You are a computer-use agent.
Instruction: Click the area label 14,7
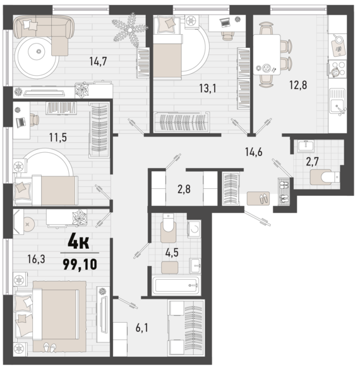point(98,62)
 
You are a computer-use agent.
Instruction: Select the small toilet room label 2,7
point(313,160)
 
